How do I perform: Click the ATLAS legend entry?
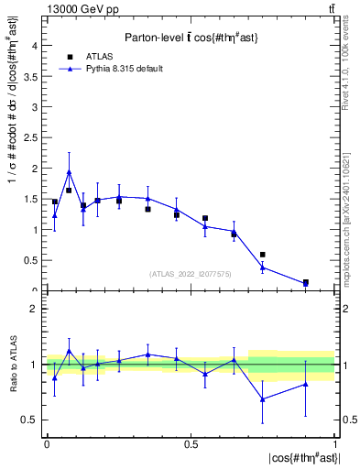click(93, 58)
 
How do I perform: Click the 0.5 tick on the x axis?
click(191, 443)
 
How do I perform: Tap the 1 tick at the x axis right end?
click(334, 443)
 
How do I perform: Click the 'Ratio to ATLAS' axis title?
click(13, 365)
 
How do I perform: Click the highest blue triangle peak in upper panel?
click(69, 172)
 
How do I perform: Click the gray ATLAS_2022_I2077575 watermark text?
click(191, 273)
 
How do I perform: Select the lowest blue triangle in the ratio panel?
click(263, 399)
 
